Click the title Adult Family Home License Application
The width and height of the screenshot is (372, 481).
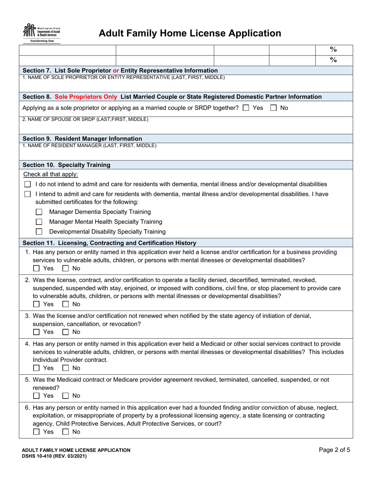coord(190,34)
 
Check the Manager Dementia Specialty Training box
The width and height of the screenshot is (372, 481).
coord(39,212)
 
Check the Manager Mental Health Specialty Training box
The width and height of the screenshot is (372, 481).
coord(39,222)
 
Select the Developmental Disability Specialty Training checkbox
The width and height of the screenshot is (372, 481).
coord(39,232)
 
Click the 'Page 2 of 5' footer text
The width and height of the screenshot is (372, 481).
coord(334,450)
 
